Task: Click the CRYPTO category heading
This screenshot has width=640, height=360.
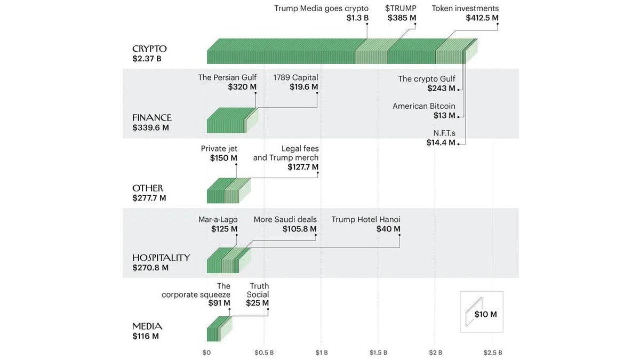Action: tap(149, 49)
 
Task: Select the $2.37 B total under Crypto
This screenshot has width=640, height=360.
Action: tap(147, 59)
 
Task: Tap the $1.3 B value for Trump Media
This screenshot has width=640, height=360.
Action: tap(357, 18)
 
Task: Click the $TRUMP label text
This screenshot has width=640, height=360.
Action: tap(401, 9)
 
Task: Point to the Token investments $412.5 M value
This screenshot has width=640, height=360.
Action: tap(482, 18)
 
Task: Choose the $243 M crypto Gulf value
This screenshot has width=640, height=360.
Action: tap(441, 89)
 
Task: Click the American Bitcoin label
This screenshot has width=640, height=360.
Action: tap(424, 106)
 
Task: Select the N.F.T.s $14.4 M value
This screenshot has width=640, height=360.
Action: tap(441, 142)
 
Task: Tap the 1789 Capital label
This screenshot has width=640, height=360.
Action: tap(295, 77)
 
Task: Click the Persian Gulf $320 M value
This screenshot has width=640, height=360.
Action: tap(242, 87)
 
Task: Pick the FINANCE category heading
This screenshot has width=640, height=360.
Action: tap(152, 118)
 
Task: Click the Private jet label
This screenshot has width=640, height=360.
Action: tap(219, 149)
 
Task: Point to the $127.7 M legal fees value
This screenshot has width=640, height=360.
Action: tap(300, 167)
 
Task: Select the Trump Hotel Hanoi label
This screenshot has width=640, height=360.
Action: tap(366, 220)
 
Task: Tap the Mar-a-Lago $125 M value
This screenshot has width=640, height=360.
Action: tap(224, 229)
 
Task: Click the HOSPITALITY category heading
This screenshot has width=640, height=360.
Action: tap(161, 258)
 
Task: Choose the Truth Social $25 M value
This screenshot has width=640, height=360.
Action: tap(257, 303)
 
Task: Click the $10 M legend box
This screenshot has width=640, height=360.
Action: tap(481, 312)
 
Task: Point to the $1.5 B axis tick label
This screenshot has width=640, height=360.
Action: tap(378, 353)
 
